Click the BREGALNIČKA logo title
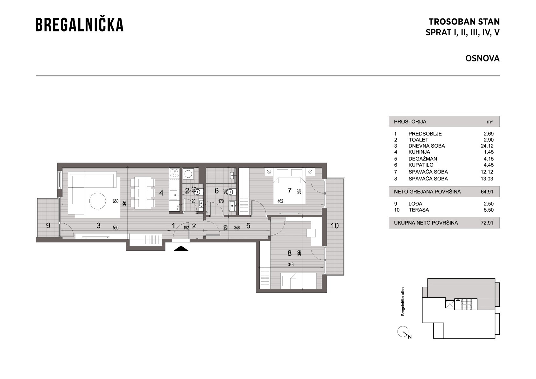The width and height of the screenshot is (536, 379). click(x=80, y=25)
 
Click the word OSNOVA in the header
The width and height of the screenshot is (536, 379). click(x=483, y=58)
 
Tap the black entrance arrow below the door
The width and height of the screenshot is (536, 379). click(x=181, y=248)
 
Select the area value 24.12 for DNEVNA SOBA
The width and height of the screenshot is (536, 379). click(x=487, y=146)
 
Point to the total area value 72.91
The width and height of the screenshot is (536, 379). click(x=487, y=223)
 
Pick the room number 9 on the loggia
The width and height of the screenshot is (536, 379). click(x=48, y=225)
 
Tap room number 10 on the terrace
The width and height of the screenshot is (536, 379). click(x=335, y=225)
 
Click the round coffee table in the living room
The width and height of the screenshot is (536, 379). click(x=97, y=201)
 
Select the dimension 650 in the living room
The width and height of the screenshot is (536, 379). click(x=116, y=201)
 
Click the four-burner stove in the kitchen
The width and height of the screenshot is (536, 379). click(x=174, y=173)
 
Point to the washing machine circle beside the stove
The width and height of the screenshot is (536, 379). click(x=188, y=174)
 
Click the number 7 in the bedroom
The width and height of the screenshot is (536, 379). click(x=289, y=191)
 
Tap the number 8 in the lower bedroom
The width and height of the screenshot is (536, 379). click(x=289, y=253)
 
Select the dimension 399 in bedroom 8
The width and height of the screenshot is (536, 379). click(x=299, y=253)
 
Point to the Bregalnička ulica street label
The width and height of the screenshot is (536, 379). click(x=403, y=301)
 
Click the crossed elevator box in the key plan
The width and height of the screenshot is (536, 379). click(x=450, y=304)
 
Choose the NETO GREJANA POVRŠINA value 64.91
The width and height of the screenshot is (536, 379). click(x=487, y=192)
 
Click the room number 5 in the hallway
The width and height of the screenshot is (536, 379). click(x=248, y=225)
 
